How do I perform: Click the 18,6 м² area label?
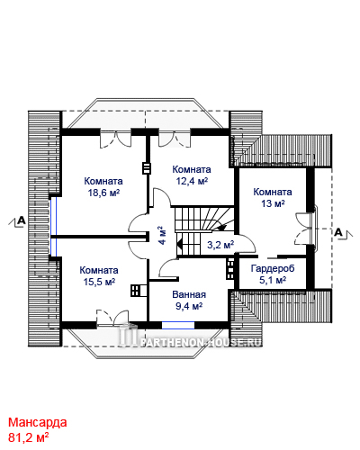coord(103,193)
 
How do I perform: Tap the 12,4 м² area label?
coord(192,181)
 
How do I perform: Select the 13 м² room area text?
coord(273,203)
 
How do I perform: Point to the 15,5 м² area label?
coord(99,282)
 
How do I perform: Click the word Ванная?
coord(189,294)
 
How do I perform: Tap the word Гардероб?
coord(273,268)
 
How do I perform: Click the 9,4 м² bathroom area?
coord(189,306)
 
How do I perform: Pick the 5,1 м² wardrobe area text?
coord(273,280)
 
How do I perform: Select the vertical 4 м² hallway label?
coord(161,235)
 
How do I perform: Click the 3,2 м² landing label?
coord(220,245)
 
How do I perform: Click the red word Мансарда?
coord(38,422)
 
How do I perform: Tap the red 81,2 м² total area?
coord(29,437)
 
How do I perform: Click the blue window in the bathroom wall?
coord(178,325)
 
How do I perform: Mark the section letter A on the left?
coord(22,220)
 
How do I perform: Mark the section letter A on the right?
coord(338,232)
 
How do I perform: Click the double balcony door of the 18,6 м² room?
coord(115,139)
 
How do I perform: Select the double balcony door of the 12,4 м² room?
coord(175,139)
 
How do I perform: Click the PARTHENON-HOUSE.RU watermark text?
coord(201,342)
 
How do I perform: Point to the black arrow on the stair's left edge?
coord(179,244)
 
